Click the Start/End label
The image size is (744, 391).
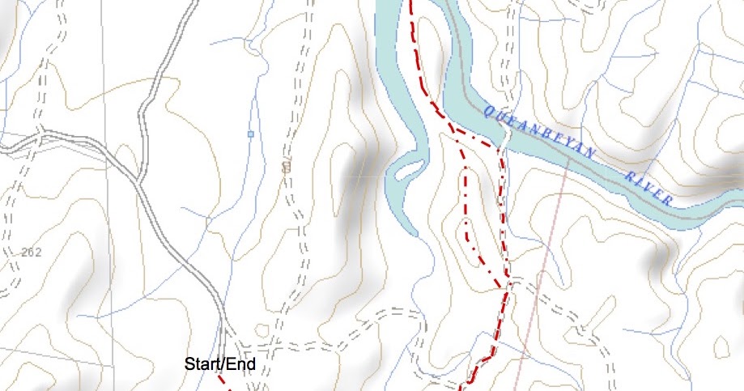point(220,364)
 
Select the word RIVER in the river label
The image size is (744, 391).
point(649,186)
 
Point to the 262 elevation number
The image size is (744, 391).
point(32,253)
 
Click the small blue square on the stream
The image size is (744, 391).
point(251,134)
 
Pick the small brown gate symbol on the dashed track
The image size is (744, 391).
point(286,167)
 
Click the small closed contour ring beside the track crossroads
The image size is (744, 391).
point(261,330)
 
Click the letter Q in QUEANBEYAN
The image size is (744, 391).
point(487,110)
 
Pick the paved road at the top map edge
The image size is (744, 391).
point(194,4)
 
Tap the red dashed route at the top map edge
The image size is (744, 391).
point(411,5)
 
